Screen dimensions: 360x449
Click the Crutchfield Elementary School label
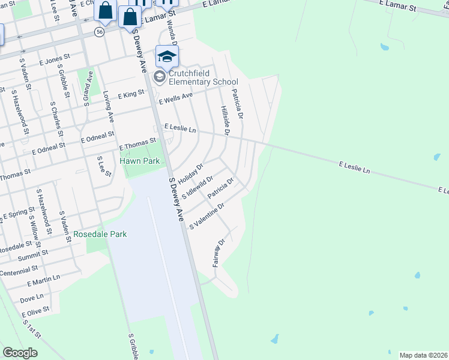(203, 77)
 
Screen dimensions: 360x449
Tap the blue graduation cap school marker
(167, 57)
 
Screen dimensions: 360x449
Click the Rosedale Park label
(100, 234)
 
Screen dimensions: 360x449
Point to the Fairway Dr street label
(218, 253)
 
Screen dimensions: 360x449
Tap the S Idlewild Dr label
(197, 187)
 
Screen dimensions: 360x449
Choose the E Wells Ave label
(176, 97)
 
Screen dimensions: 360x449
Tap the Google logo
(20, 352)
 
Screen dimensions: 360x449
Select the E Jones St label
(55, 59)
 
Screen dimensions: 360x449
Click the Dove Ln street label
(32, 296)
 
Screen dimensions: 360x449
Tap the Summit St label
(28, 257)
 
